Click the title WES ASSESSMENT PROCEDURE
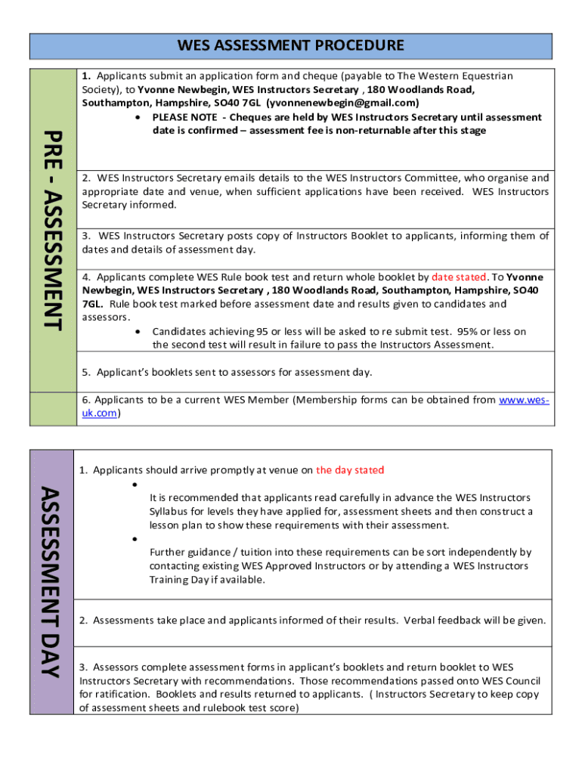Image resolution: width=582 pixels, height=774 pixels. tap(290, 45)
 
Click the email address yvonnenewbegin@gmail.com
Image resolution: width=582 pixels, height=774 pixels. tap(342, 103)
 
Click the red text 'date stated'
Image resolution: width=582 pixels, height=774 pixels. tap(459, 277)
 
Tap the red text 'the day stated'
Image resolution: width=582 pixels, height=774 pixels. tap(350, 470)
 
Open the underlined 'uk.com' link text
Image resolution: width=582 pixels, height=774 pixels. tap(99, 413)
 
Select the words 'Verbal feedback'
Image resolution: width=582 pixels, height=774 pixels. tap(441, 621)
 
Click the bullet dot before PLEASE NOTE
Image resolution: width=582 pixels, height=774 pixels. tap(136, 118)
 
